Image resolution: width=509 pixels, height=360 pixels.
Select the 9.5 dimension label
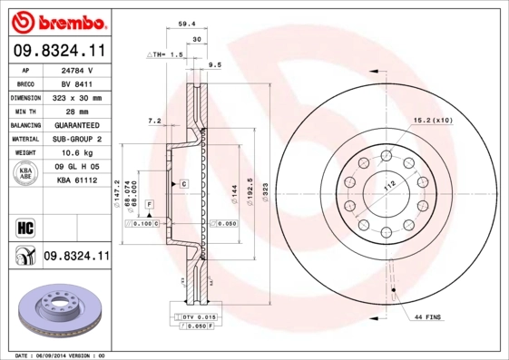click(214, 65)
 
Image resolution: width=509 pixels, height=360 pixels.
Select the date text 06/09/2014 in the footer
click(57, 355)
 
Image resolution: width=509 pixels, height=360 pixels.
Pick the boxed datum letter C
click(183, 183)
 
